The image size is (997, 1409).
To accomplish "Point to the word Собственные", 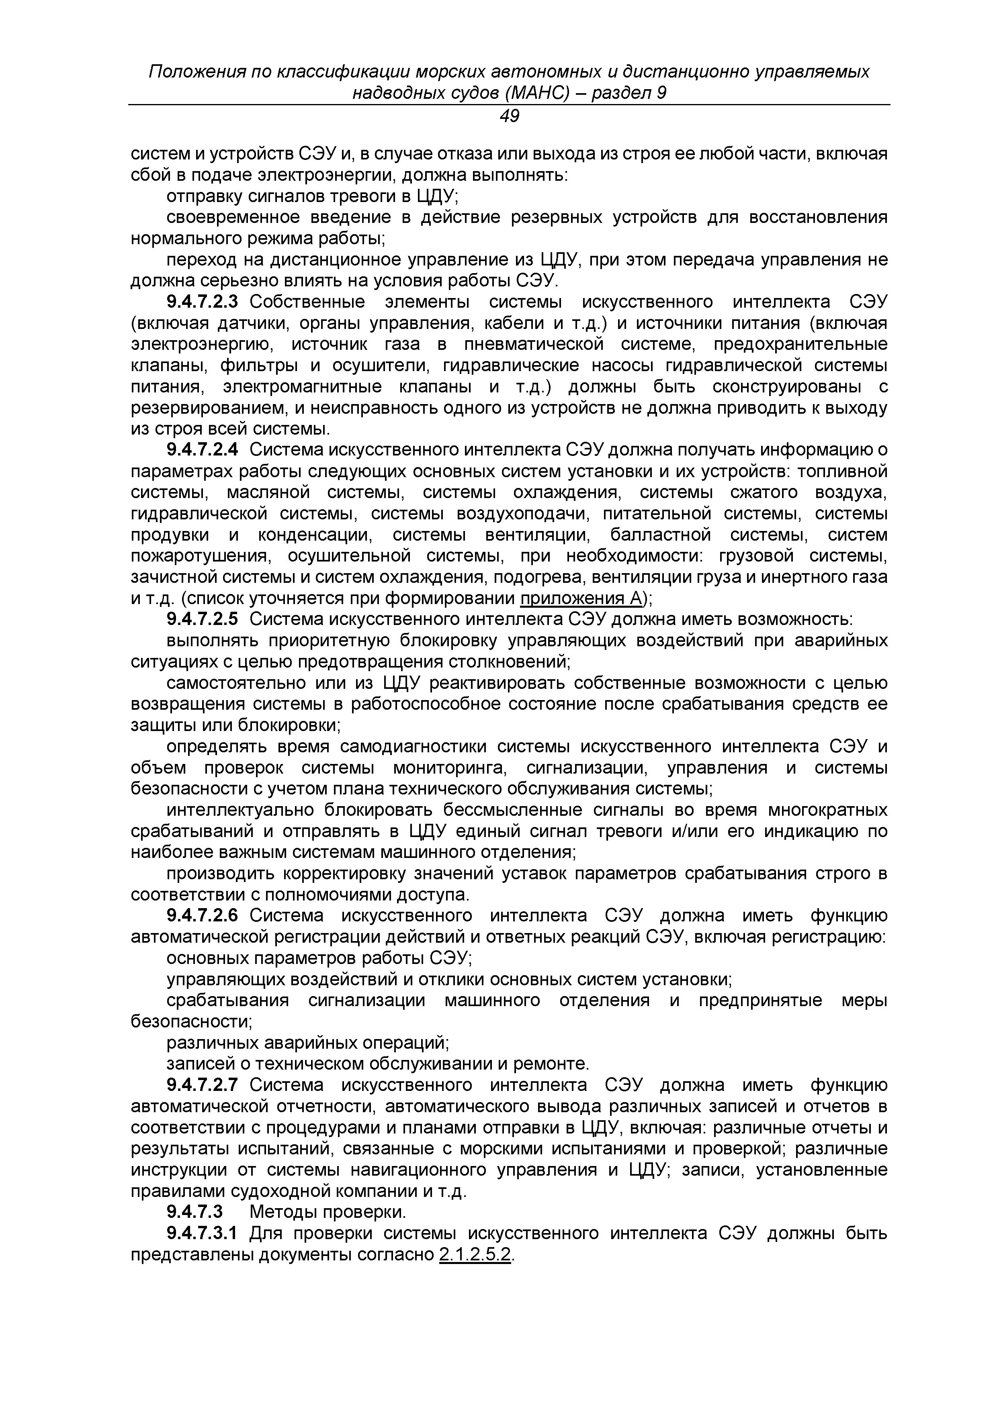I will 307,302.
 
